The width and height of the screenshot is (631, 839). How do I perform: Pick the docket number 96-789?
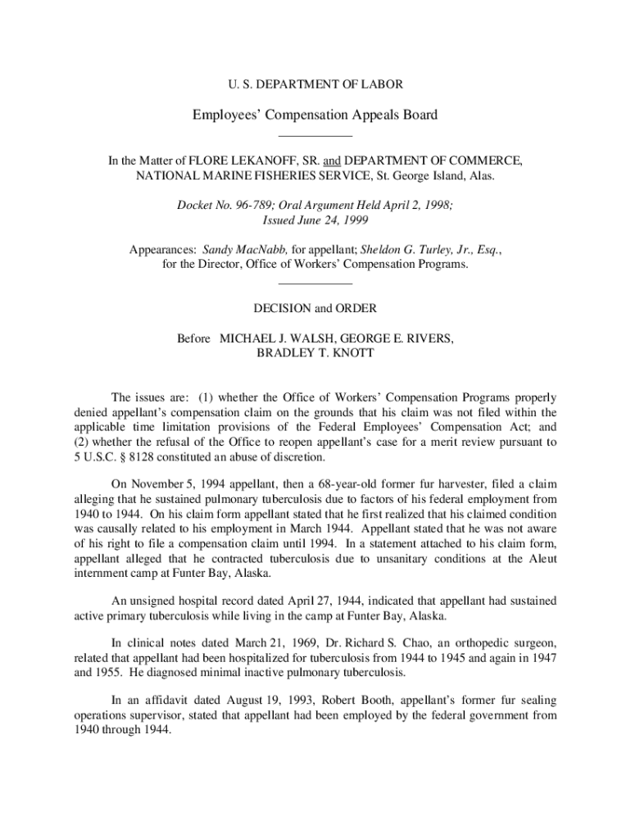pos(249,206)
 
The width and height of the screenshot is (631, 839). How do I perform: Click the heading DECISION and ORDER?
pos(315,308)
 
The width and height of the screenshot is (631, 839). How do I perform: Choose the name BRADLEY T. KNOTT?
pos(315,352)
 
